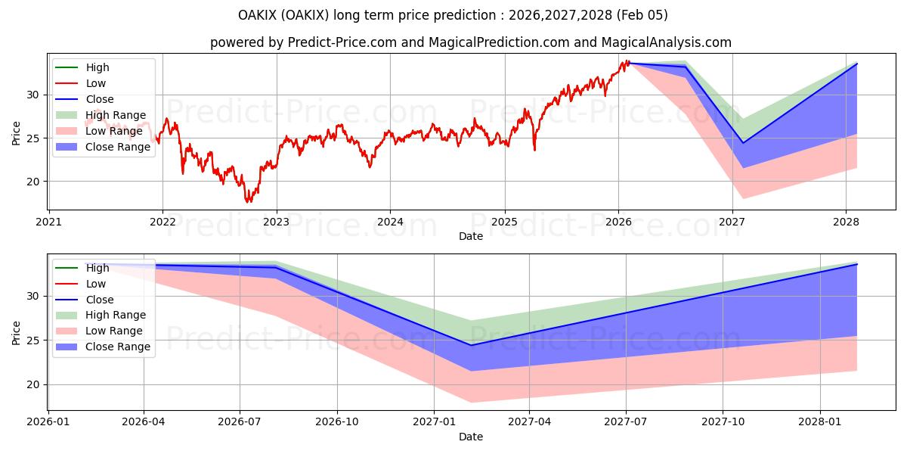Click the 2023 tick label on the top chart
click(x=276, y=222)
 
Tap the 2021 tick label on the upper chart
click(x=48, y=222)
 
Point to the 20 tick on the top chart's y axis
click(x=33, y=182)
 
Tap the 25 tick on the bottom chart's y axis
click(x=33, y=340)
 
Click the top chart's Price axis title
click(x=17, y=132)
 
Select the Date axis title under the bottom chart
click(x=470, y=437)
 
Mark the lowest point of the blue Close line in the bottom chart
click(x=471, y=345)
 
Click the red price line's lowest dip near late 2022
click(x=247, y=202)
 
